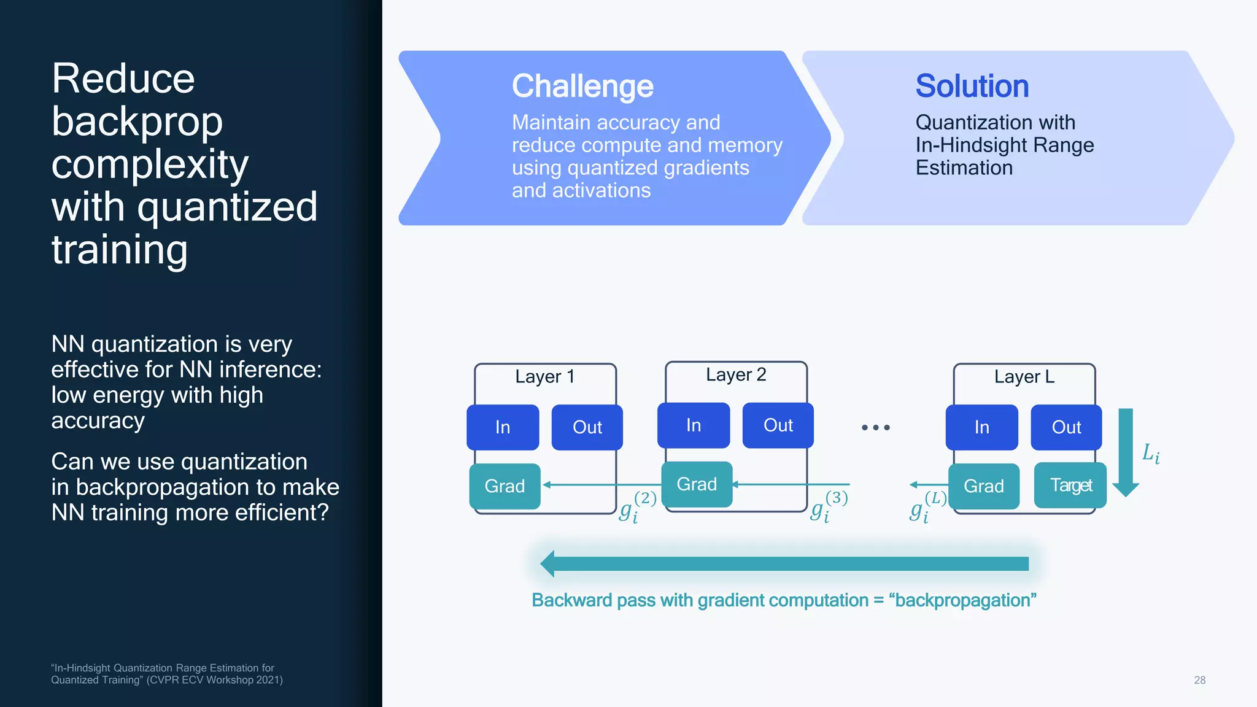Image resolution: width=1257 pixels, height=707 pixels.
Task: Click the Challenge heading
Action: pos(582,86)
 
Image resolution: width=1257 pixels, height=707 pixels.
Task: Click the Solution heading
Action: pos(972,86)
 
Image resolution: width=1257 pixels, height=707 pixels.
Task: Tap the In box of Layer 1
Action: pos(503,427)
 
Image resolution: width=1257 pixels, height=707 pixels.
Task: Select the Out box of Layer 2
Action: pos(778,425)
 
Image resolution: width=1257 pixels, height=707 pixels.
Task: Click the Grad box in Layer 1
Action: pos(505,486)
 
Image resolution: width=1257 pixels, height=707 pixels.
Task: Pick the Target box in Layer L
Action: pos(1070,485)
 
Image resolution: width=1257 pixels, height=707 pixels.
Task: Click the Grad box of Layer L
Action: pos(983,486)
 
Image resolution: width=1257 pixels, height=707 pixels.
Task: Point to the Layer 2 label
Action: pos(736,374)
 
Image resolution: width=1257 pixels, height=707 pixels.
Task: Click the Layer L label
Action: pos(1024,376)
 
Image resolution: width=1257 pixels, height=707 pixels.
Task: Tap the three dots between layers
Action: pos(875,427)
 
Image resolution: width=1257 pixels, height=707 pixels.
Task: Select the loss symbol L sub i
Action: pos(1150,454)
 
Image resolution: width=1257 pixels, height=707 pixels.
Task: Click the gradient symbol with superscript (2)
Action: pos(637,507)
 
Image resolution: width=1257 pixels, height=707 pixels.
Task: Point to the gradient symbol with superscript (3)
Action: pos(829,507)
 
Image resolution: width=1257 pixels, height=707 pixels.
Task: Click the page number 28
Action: pos(1199,680)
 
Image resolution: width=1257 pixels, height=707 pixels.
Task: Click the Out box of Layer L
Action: pos(1066,427)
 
